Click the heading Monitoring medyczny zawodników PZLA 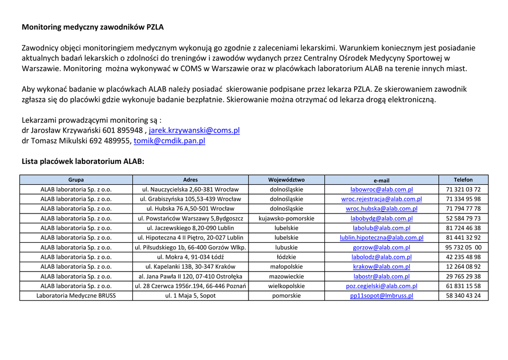(x=92, y=27)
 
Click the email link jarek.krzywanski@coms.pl (x=194, y=131)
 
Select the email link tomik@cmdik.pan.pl (x=169, y=141)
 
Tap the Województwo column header (x=286, y=180)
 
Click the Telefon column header (x=463, y=180)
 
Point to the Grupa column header (x=76, y=180)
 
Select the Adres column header (x=190, y=180)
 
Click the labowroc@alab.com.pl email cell (x=381, y=190)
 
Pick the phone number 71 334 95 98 (x=463, y=199)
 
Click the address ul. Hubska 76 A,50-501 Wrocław (x=190, y=209)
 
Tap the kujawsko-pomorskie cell (x=286, y=218)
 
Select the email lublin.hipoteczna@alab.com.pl (x=381, y=238)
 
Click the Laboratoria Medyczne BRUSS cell (x=76, y=296)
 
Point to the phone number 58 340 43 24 (x=463, y=296)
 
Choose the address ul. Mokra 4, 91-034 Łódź (x=190, y=257)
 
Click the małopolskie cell (x=286, y=267)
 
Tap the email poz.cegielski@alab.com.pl (x=381, y=286)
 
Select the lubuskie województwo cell (x=286, y=247)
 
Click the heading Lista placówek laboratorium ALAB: (x=83, y=161)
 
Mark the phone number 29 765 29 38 (x=463, y=277)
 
